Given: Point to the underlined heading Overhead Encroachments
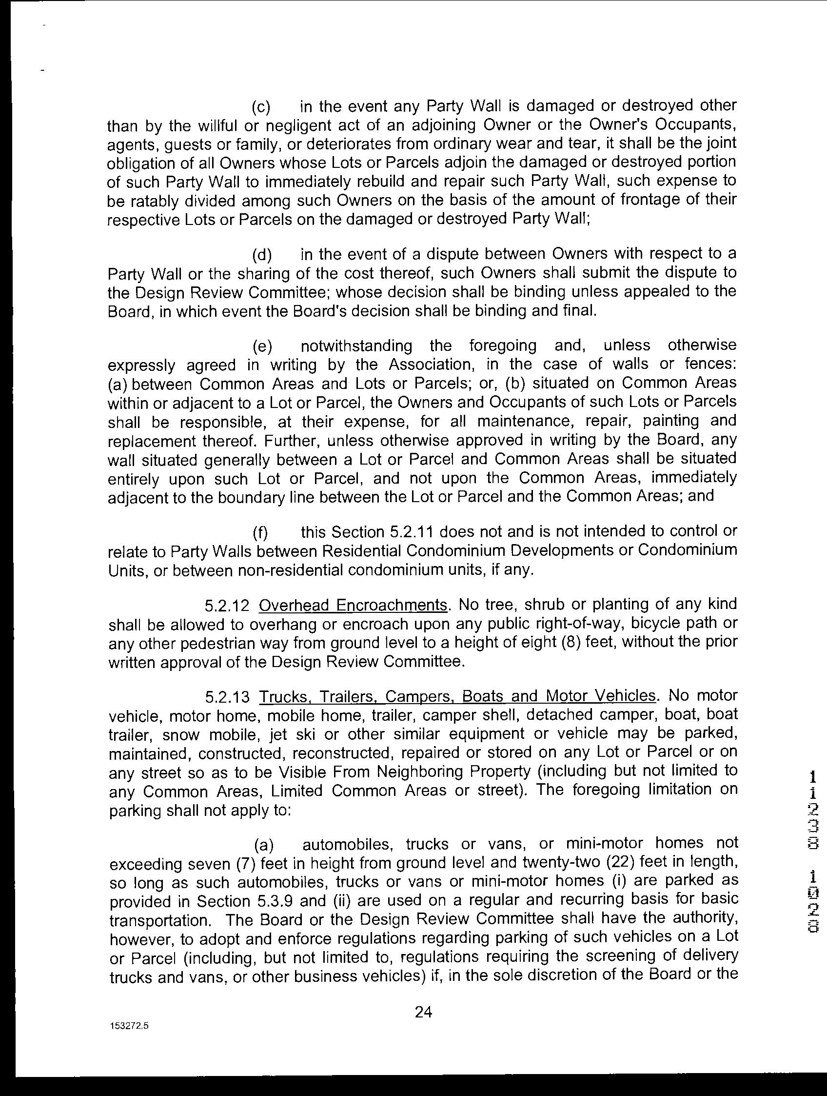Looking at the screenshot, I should (x=353, y=605).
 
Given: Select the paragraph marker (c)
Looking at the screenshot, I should (x=261, y=107).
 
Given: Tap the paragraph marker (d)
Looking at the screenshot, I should (x=261, y=255).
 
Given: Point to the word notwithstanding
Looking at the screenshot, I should (x=356, y=346).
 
